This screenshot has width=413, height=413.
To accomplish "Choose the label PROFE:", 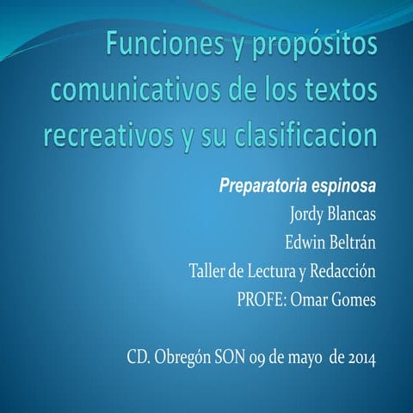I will click(x=262, y=300).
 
